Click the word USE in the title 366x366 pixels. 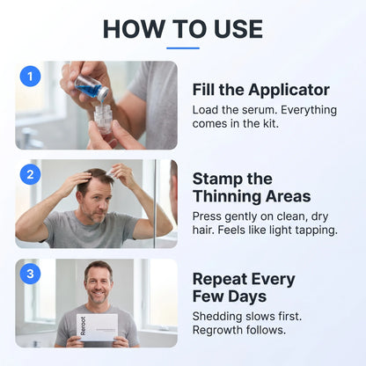(238, 29)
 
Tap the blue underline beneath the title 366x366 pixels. (183, 48)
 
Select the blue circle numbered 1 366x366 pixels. (30, 77)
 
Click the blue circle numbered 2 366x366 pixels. (30, 174)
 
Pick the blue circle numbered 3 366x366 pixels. (30, 274)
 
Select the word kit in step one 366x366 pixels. (269, 123)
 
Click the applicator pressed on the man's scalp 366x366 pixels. (112, 172)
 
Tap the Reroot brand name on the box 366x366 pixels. (83, 326)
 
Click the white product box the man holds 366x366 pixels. (98, 327)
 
